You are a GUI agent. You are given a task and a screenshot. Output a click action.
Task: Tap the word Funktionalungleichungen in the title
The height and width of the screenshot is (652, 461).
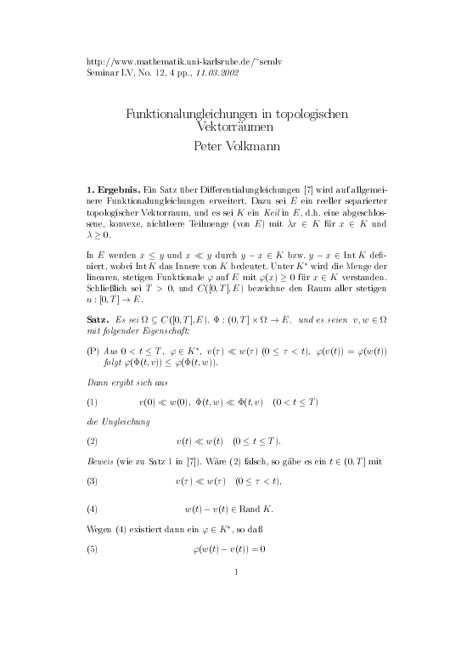192,113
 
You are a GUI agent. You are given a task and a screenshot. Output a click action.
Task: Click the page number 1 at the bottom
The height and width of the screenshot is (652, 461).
234,594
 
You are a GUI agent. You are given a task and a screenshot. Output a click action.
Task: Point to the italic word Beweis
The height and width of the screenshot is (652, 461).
104,462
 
